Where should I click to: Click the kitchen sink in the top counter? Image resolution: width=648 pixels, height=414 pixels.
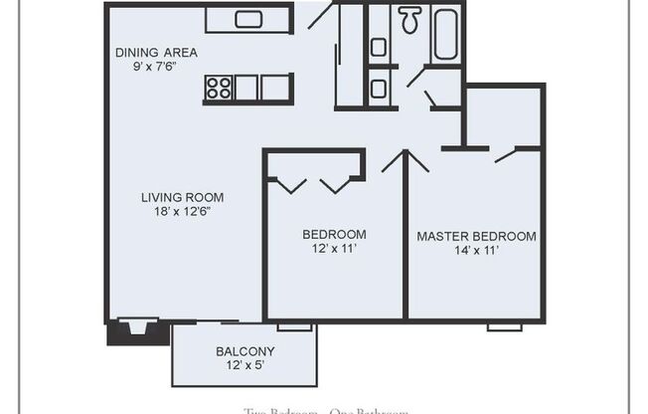pyautogui.click(x=246, y=19)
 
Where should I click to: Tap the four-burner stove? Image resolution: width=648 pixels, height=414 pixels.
pyautogui.click(x=218, y=88)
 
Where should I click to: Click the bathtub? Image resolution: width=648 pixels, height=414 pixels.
pyautogui.click(x=444, y=34)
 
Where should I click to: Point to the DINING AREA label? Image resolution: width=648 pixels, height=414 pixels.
pyautogui.click(x=156, y=53)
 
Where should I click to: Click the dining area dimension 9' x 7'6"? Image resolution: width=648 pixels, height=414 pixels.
pyautogui.click(x=156, y=68)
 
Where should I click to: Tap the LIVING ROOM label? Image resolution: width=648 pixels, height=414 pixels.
pyautogui.click(x=182, y=197)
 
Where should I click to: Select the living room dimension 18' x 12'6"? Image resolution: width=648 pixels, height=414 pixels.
pyautogui.click(x=182, y=211)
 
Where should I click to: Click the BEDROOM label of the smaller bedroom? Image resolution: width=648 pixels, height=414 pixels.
pyautogui.click(x=334, y=235)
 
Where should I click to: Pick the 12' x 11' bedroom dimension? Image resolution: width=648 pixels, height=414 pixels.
pyautogui.click(x=334, y=249)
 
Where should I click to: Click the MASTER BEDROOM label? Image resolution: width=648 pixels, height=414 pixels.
pyautogui.click(x=476, y=237)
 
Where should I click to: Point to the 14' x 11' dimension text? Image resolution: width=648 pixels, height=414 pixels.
pyautogui.click(x=476, y=251)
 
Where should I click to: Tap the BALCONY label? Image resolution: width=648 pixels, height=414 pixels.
pyautogui.click(x=244, y=351)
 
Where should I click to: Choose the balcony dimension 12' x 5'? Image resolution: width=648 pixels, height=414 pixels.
pyautogui.click(x=244, y=366)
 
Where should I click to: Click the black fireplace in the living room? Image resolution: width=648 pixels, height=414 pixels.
pyautogui.click(x=132, y=330)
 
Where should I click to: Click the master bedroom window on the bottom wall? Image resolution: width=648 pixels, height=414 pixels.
pyautogui.click(x=505, y=325)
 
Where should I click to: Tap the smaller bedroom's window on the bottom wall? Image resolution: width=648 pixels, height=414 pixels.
pyautogui.click(x=294, y=325)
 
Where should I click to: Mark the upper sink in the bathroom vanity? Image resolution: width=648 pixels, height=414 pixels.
pyautogui.click(x=379, y=47)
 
